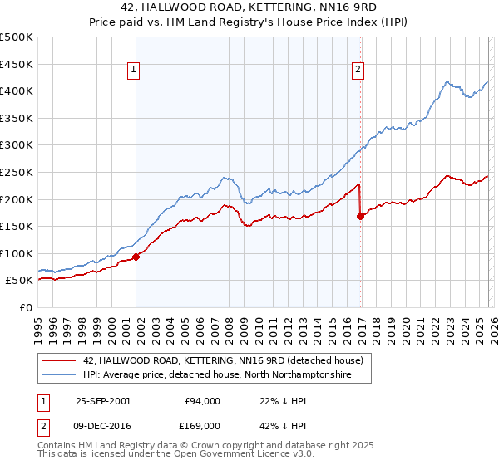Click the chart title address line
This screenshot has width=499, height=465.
pos(249,7)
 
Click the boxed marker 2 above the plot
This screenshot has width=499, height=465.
pos(358,70)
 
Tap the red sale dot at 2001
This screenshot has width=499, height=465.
pos(136,257)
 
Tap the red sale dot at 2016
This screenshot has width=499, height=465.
pos(360,216)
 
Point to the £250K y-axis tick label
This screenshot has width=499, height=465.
pos(17,172)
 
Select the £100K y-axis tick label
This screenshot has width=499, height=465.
pos(17,253)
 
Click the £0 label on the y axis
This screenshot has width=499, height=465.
pos(26,307)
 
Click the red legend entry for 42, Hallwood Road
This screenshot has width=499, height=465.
pos(223,361)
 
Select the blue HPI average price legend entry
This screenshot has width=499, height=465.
pos(218,375)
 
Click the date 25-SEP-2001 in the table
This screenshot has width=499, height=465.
pos(102,401)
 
